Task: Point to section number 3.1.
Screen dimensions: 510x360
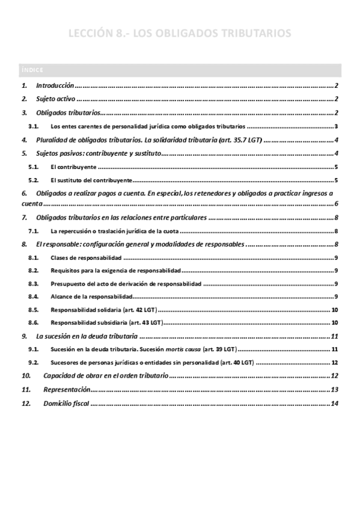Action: pos(34,126)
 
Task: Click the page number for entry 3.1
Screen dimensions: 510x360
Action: pos(338,126)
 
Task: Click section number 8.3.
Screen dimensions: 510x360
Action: pos(34,283)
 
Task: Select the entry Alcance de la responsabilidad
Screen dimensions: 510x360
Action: pos(91,296)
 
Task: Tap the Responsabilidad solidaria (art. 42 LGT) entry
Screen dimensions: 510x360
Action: pos(103,309)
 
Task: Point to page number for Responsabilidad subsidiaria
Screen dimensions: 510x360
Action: pos(335,322)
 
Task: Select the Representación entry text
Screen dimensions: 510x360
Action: pos(67,390)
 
